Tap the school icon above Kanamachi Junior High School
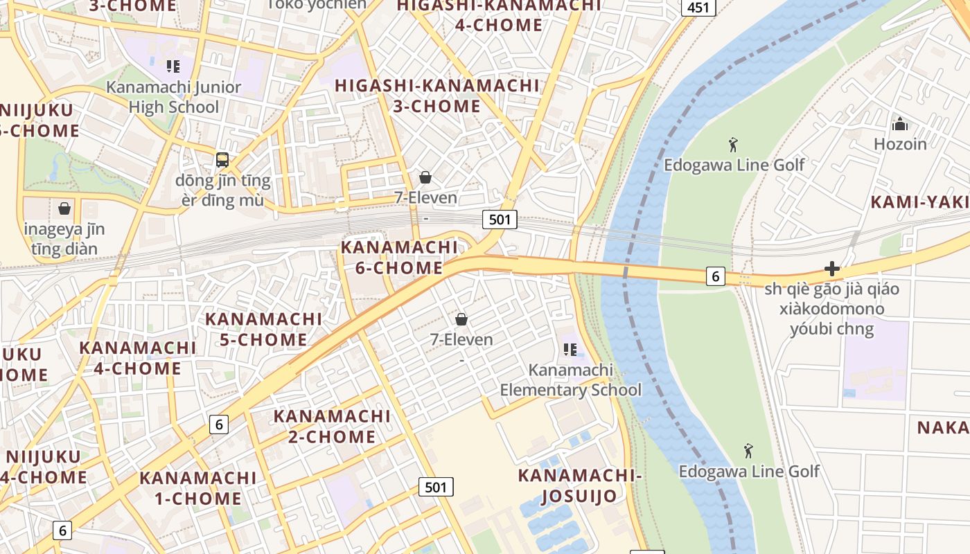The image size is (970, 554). (173, 66)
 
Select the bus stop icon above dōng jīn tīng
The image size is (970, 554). (222, 160)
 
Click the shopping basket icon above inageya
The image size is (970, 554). (64, 208)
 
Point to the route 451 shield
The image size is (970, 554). (698, 7)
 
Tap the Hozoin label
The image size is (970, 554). (900, 144)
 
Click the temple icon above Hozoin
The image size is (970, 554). (900, 125)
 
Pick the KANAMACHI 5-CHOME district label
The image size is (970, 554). (263, 329)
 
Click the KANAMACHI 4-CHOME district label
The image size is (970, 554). (138, 357)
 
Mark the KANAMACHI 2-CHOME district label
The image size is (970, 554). (332, 427)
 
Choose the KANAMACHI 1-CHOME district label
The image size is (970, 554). (198, 488)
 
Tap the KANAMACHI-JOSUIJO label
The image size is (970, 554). (580, 485)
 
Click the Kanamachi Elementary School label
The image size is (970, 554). (571, 379)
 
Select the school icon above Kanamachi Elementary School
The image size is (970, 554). (570, 350)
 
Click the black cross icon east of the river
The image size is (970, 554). (832, 269)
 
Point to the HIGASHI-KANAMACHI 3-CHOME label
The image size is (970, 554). (437, 96)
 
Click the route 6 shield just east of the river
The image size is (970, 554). (716, 276)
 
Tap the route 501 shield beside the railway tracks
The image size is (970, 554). (500, 220)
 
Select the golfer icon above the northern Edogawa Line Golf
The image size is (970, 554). (734, 145)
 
